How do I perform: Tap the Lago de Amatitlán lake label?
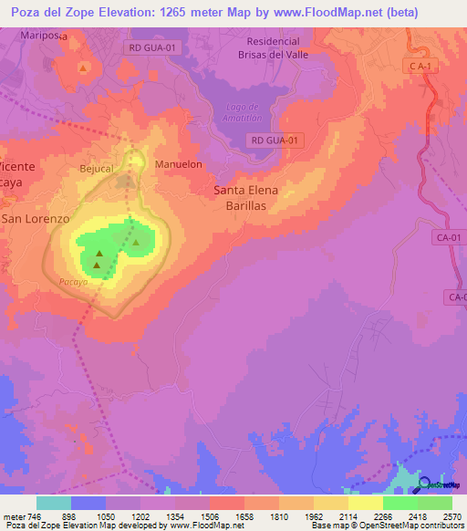pos(244,112)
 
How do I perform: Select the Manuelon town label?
pos(178,164)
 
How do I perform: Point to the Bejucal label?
pos(96,169)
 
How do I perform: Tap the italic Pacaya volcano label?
pos(72,283)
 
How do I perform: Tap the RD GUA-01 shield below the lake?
pos(274,140)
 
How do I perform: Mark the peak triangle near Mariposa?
pos(83,68)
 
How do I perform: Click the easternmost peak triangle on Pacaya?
pos(135,243)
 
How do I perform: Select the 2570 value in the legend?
pos(451,516)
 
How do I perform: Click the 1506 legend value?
pos(209,516)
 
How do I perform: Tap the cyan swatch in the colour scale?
pos(54,503)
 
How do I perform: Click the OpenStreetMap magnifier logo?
pos(425,484)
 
